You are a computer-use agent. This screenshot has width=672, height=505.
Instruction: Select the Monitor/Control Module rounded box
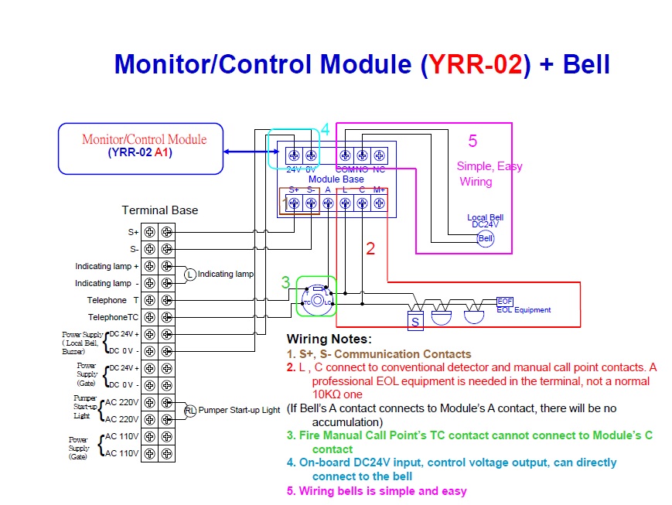[x=141, y=147]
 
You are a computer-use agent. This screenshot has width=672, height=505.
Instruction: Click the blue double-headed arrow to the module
[x=247, y=152]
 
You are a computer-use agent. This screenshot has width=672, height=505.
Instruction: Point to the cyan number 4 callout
[x=326, y=130]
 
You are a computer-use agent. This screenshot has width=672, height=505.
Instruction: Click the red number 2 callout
[x=370, y=248]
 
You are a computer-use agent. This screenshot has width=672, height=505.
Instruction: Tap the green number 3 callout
[x=285, y=283]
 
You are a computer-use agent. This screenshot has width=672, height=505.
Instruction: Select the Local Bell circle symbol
[x=485, y=239]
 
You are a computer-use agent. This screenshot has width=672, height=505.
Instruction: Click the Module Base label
[x=336, y=179]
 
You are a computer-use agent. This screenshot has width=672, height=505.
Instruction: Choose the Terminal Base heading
[x=159, y=210]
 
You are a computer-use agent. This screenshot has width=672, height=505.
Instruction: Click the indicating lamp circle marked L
[x=190, y=275]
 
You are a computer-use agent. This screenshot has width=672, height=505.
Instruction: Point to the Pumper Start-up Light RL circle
[x=190, y=410]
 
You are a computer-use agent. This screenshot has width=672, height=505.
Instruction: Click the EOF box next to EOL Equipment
[x=504, y=302]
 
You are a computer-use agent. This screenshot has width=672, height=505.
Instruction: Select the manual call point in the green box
[x=317, y=297]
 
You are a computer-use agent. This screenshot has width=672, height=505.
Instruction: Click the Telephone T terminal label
[x=112, y=300]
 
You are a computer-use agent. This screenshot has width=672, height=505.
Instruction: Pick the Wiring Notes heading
[x=329, y=339]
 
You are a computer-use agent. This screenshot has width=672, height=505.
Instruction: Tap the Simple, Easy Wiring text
[x=489, y=174]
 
